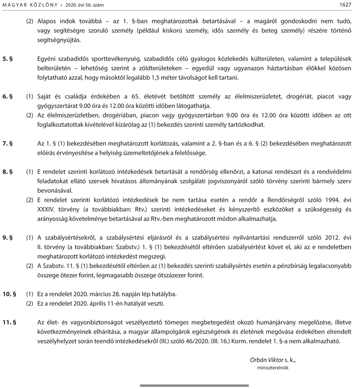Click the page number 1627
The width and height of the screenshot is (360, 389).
346,5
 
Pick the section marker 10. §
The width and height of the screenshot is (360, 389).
10,294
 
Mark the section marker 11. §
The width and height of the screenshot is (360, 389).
10,322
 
